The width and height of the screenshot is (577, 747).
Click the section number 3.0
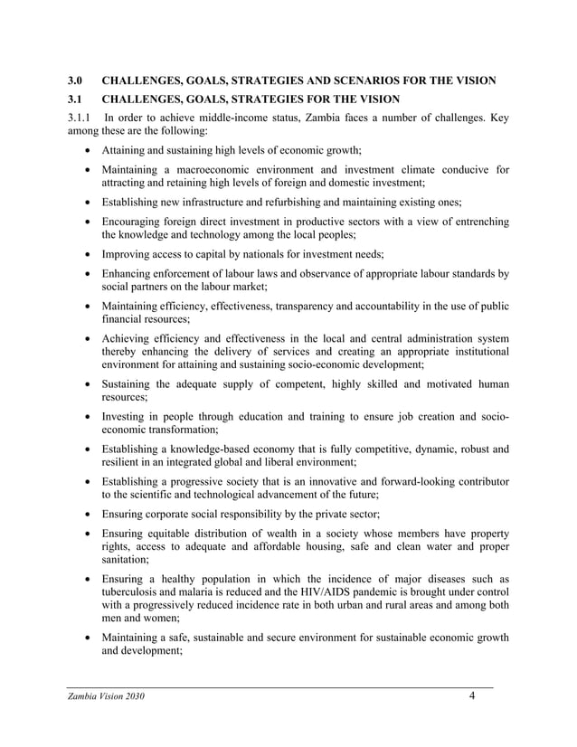point(76,81)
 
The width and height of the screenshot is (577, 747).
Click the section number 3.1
point(76,99)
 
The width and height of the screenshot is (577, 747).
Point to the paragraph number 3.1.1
point(82,118)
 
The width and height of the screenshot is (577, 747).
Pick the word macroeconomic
point(213,169)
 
